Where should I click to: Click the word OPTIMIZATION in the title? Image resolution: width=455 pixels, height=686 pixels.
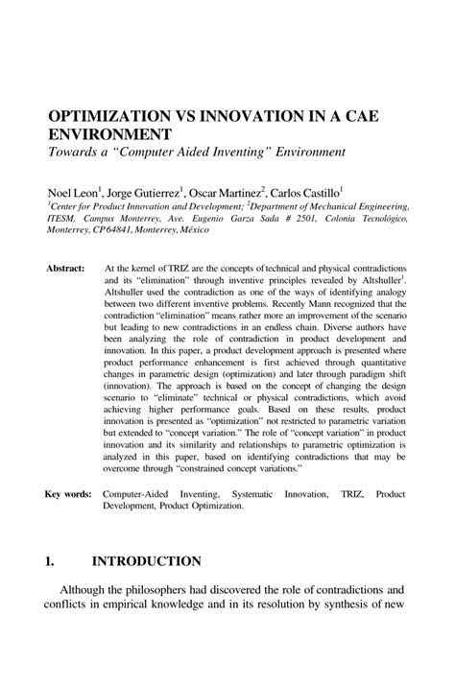click(112, 115)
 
